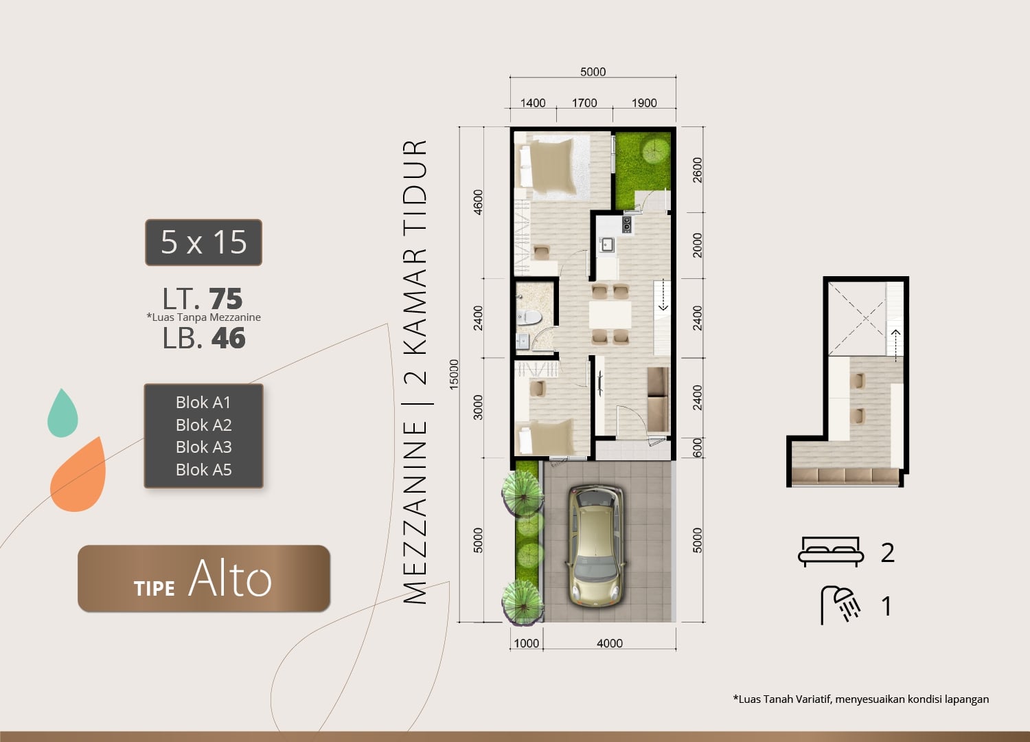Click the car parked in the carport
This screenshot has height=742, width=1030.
[x=597, y=546]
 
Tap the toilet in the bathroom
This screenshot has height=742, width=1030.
[x=529, y=317]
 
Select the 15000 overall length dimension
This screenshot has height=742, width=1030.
[x=454, y=374]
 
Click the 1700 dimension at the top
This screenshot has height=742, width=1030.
[x=584, y=102]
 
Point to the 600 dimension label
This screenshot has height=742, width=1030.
[x=698, y=447]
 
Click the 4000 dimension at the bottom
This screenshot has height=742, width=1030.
[x=610, y=643]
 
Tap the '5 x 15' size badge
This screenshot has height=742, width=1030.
[x=204, y=243]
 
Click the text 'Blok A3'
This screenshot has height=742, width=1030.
[x=204, y=447]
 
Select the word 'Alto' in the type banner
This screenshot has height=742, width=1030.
[x=230, y=578]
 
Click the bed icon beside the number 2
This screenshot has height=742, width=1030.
[x=831, y=552]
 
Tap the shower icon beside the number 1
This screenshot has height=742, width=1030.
[x=840, y=605]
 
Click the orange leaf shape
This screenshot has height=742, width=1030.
[x=79, y=475]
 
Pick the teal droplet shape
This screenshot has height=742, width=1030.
[x=62, y=413]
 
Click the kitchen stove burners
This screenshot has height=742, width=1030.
[x=627, y=224]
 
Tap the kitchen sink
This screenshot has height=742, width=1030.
[x=606, y=245]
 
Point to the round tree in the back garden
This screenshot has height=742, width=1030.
[x=656, y=150]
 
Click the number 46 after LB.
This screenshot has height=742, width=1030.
[x=229, y=339]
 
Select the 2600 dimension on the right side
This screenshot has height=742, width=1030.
[x=698, y=170]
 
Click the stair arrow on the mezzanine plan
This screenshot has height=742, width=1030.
[x=895, y=345]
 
